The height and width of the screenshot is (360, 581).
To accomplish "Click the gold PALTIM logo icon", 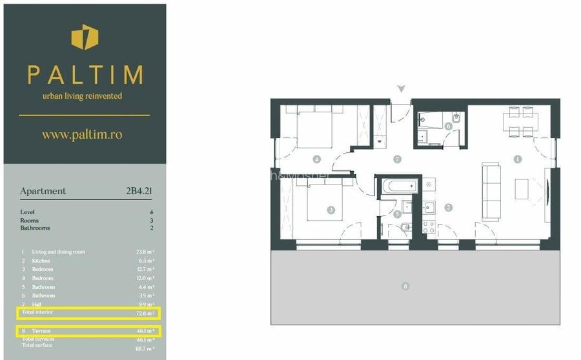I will click(85, 37).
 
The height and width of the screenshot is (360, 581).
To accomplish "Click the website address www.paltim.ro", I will click(82, 135).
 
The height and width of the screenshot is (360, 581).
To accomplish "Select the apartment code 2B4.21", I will click(139, 191).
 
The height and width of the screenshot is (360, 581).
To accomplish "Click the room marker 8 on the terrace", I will click(405, 286).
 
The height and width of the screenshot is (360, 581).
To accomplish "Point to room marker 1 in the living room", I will click(517, 158).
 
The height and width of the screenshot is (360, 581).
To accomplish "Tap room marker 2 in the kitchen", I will click(448, 207).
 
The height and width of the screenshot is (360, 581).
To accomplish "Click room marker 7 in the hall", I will click(397, 158).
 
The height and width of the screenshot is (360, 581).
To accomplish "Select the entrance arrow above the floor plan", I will click(402, 88).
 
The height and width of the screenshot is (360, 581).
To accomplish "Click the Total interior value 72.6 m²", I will click(145, 313).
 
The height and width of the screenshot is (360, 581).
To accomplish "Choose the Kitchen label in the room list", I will click(41, 261).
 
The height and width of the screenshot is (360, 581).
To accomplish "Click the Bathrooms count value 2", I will click(152, 228).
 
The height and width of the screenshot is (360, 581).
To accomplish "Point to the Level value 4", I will click(152, 212).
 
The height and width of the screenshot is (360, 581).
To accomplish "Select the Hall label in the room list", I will click(37, 304).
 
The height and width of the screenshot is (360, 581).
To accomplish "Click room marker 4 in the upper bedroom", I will click(317, 158).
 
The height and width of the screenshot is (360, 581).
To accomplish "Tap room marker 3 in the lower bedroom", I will click(331, 210).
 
